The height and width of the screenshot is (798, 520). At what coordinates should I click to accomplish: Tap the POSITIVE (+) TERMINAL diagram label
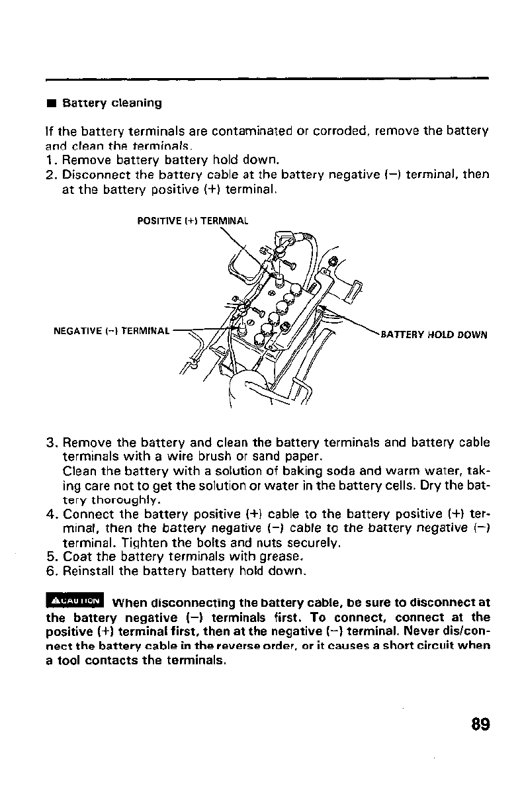coord(192,222)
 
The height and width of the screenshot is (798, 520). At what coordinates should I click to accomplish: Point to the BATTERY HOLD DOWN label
coord(435,334)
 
